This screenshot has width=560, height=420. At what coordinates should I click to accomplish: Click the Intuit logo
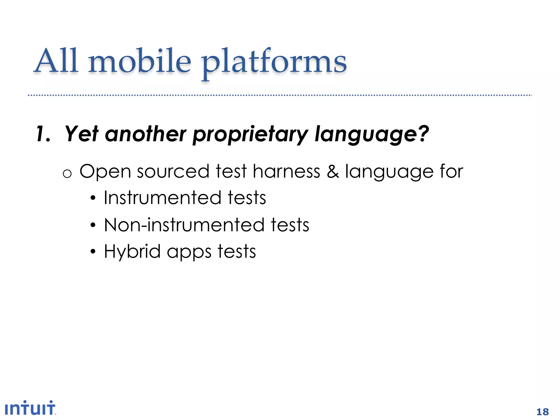point(30,408)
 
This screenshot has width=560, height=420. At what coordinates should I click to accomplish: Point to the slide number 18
point(542,412)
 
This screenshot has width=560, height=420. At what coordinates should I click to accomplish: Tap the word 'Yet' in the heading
point(81,134)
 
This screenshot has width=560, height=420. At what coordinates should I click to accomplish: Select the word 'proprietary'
point(250,135)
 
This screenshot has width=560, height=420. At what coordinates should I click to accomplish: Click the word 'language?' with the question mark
point(372,135)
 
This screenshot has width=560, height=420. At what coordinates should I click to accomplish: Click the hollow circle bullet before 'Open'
point(67,174)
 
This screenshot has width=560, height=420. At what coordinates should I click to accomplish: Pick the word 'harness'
point(286,171)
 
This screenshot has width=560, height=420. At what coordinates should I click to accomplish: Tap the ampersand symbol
point(333,171)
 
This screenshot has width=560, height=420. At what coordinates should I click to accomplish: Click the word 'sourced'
point(173,171)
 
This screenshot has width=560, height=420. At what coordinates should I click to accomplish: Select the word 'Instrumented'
point(162,198)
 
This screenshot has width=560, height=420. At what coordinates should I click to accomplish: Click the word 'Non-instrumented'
point(184,225)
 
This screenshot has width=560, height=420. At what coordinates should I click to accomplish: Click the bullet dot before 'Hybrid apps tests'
point(93,251)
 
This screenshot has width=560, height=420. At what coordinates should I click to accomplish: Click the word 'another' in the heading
point(145,134)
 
